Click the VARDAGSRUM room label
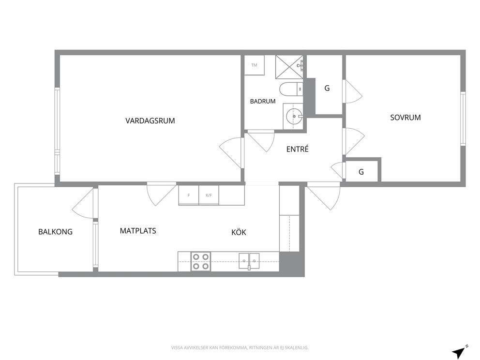[x=150, y=120]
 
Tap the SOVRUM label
[x=405, y=118]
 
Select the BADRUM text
[x=263, y=101]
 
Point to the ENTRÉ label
[x=297, y=149]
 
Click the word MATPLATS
[x=138, y=231]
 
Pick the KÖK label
[x=239, y=232]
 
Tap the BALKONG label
[x=56, y=232]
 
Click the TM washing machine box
[x=255, y=65]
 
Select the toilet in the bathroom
[x=291, y=89]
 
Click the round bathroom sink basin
[x=294, y=116]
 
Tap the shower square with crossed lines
[x=289, y=67]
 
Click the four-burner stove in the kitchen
[x=201, y=261]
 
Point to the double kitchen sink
[x=249, y=261]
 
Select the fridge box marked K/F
[x=209, y=195]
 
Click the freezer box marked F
[x=189, y=195]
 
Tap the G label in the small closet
[x=361, y=172]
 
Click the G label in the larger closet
[x=327, y=88]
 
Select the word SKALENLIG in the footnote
[x=297, y=348]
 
